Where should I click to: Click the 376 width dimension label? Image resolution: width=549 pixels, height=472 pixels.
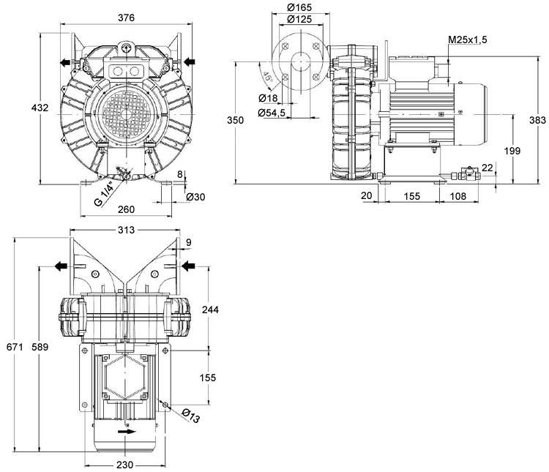tap(126, 18)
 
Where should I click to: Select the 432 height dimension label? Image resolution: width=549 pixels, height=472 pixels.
tap(40, 108)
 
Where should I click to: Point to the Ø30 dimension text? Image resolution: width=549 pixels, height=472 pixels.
tap(195, 197)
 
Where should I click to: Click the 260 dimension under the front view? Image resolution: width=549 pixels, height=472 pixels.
tap(126, 209)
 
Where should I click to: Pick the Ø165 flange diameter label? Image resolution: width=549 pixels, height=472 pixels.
tap(299, 7)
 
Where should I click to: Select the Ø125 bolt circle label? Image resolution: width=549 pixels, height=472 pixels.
tap(299, 19)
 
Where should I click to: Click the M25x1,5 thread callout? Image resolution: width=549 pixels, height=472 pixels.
tap(468, 40)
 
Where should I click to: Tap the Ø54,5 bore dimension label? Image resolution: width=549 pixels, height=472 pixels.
tap(272, 113)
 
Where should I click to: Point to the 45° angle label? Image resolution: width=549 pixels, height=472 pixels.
tap(268, 77)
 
